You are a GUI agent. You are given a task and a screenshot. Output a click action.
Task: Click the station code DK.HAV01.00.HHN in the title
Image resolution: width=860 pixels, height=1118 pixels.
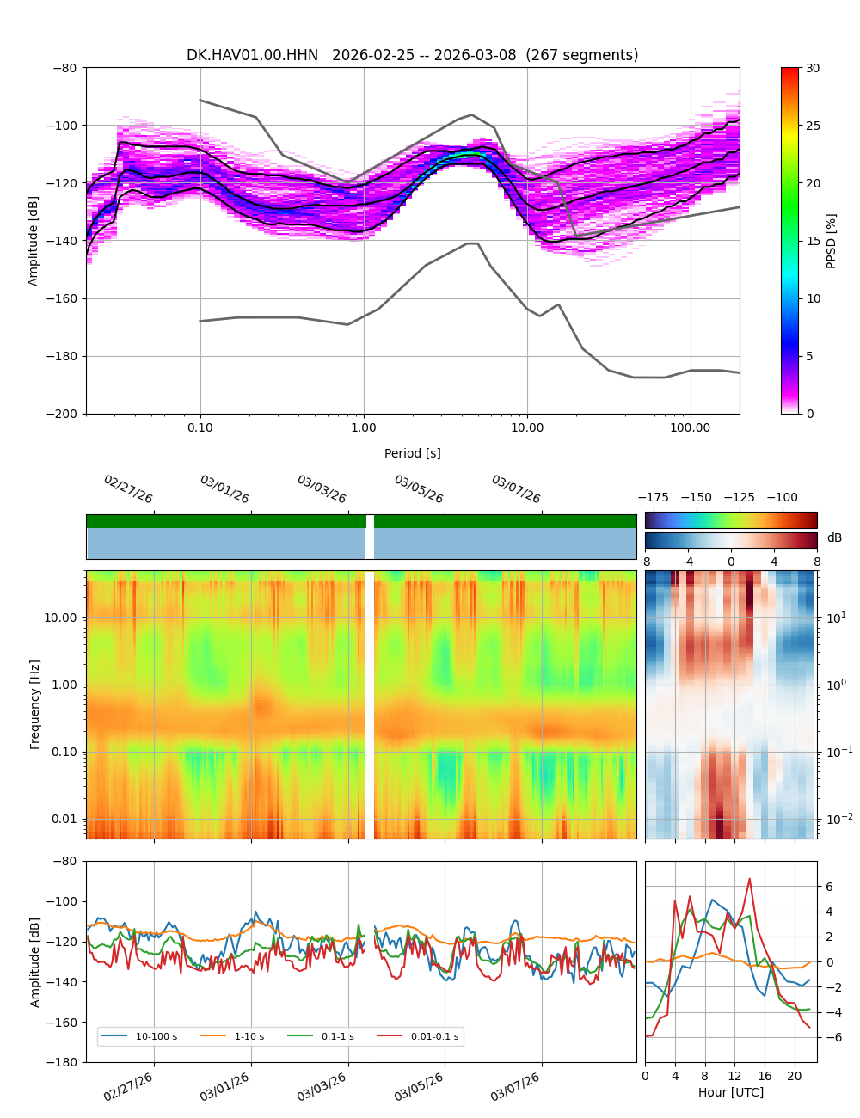click(252, 55)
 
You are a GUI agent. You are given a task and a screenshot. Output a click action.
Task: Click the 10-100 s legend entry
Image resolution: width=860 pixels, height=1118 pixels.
click(156, 1036)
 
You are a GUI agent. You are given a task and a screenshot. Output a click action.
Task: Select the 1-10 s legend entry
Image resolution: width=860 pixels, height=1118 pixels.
click(249, 1036)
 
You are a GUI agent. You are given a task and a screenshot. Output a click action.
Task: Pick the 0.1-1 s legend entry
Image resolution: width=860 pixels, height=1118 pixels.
click(337, 1036)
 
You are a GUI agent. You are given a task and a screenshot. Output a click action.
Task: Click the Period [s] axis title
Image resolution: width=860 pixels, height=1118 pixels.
click(413, 453)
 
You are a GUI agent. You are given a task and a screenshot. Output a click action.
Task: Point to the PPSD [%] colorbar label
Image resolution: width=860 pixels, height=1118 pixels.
click(832, 241)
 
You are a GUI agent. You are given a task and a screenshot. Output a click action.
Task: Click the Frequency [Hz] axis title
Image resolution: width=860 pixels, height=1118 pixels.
click(35, 704)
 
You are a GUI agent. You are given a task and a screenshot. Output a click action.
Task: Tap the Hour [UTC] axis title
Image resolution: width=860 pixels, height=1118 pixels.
click(731, 1092)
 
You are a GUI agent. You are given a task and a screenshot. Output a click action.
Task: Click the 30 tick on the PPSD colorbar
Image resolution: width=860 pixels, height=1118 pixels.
click(813, 68)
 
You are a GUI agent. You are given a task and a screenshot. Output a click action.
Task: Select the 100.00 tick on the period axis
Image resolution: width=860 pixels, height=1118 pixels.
click(691, 427)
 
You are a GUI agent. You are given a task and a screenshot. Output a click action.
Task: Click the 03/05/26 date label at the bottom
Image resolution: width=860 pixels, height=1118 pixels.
click(419, 1092)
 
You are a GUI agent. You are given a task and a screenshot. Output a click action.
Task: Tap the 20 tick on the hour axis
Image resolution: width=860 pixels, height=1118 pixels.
click(795, 1076)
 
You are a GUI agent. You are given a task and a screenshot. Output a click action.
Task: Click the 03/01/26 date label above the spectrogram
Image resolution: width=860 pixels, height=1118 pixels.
click(224, 489)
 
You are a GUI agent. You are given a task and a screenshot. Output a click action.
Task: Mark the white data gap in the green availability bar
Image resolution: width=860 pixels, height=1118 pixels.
click(370, 521)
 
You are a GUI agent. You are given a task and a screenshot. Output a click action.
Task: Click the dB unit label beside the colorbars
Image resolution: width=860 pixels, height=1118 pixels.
click(834, 537)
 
